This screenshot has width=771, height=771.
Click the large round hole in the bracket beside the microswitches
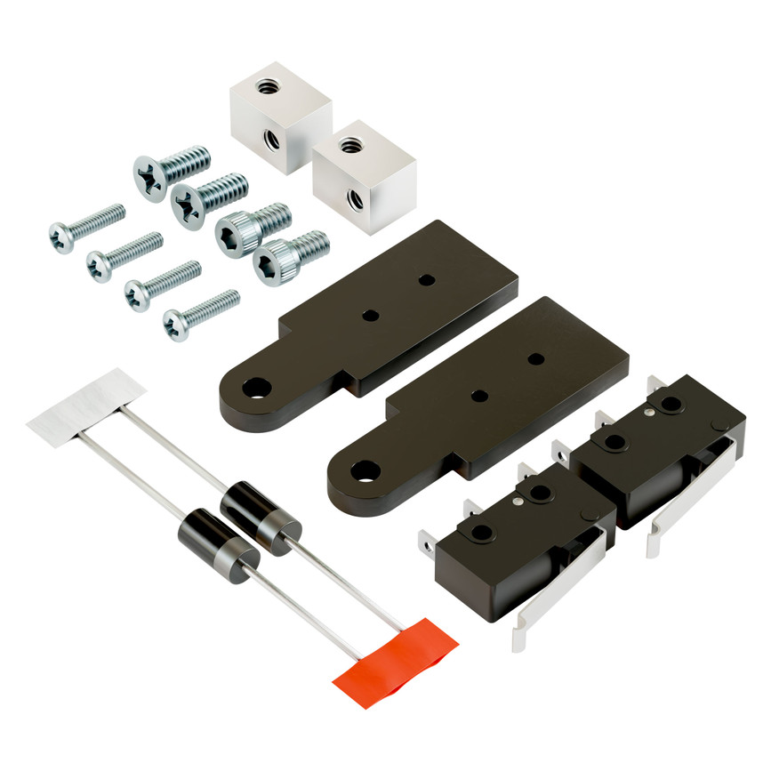pos(363,469)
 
